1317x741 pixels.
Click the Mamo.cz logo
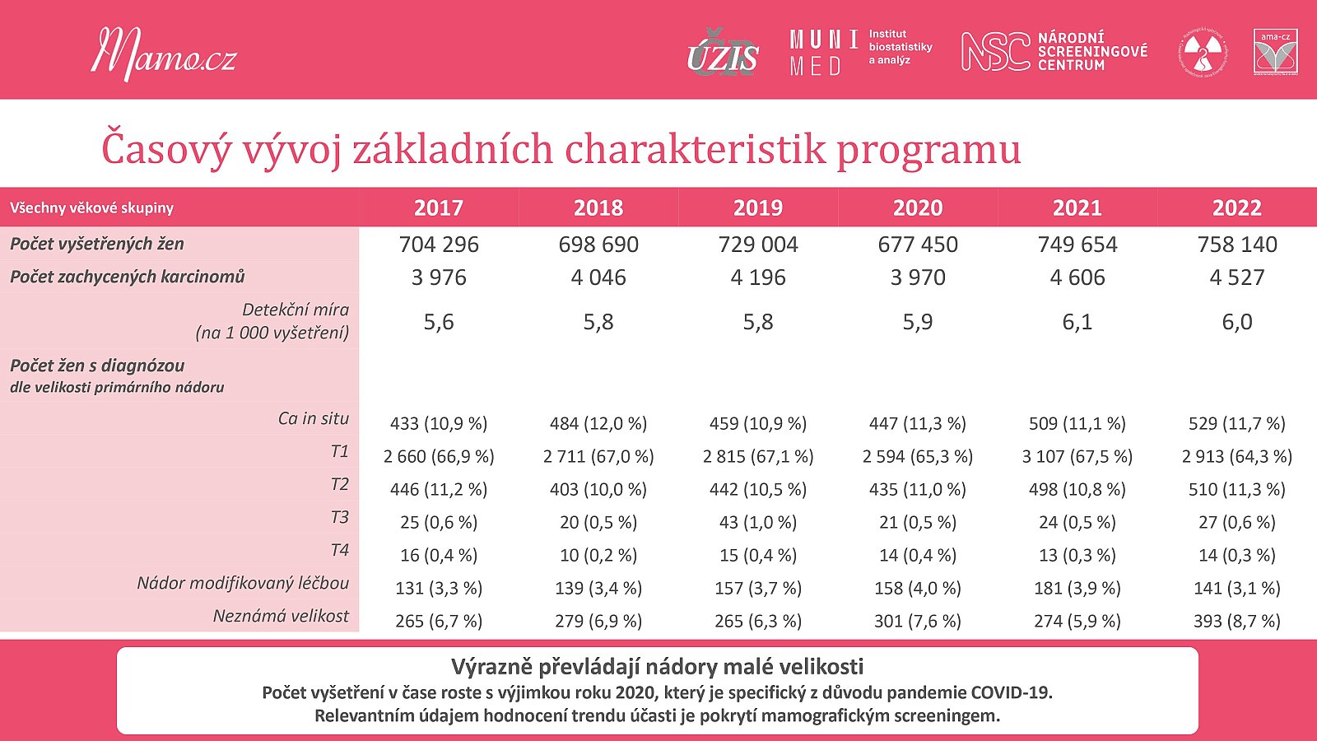click(x=164, y=54)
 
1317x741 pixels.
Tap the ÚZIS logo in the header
click(x=723, y=54)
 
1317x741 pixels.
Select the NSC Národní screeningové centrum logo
click(x=1054, y=52)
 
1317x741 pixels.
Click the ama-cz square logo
click(x=1275, y=52)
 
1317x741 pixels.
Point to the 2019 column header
click(x=758, y=207)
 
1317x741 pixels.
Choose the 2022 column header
click(x=1237, y=207)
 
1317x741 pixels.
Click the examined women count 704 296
click(x=439, y=244)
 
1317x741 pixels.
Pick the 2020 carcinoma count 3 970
click(x=918, y=277)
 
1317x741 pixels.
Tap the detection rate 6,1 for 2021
click(x=1077, y=322)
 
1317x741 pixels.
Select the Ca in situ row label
click(x=314, y=418)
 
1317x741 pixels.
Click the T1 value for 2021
click(x=1077, y=456)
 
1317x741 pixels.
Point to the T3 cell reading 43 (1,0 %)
click(x=758, y=522)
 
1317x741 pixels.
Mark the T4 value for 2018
click(x=598, y=555)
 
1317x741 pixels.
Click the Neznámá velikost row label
click(x=281, y=616)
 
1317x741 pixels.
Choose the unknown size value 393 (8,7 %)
click(x=1237, y=621)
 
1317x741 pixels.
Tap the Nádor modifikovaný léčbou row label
click(x=243, y=583)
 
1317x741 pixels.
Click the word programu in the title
click(x=928, y=151)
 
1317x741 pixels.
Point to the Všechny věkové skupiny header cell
click(x=91, y=208)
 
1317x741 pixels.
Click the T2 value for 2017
click(x=439, y=489)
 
